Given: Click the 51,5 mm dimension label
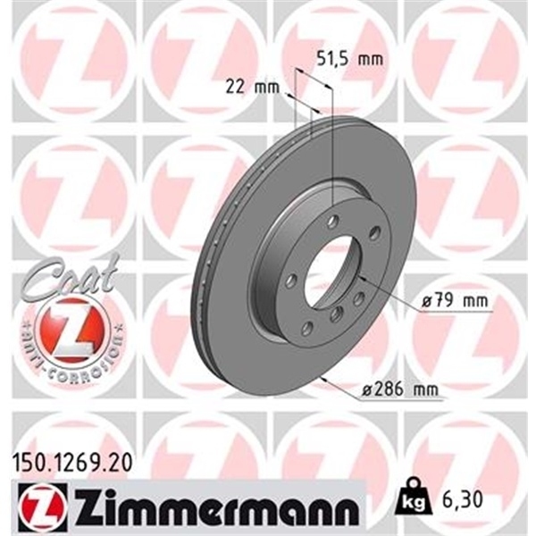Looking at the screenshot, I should tap(344, 59).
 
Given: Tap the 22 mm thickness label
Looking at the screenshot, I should tap(248, 86).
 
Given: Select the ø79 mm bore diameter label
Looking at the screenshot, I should tap(457, 302).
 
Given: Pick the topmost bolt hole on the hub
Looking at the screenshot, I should tap(331, 221).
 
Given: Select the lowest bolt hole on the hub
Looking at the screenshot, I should tap(308, 330).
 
